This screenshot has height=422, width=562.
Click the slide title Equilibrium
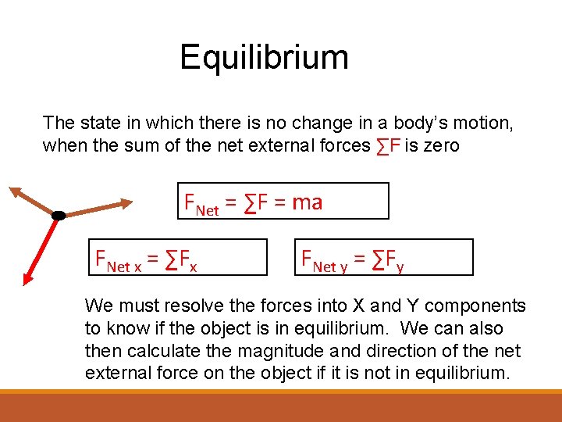[x=264, y=57]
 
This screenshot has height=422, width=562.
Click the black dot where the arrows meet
[x=58, y=215]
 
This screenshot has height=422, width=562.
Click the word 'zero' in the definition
[x=442, y=145]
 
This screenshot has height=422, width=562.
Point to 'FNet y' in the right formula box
[x=325, y=259]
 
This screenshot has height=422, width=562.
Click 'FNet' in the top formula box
[x=201, y=204]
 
